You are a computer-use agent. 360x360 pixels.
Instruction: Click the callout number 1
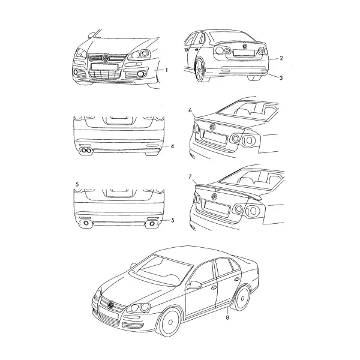point(166,70)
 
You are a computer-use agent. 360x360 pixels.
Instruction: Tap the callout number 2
point(281,58)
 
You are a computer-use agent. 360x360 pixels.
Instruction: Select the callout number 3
point(281,78)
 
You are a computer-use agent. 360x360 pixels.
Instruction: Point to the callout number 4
point(172,146)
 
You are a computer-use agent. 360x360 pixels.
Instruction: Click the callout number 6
point(190,110)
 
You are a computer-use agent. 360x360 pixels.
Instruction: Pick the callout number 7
point(190,177)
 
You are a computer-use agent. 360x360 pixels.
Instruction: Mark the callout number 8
point(227,318)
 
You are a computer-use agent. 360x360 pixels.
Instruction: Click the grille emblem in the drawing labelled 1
point(106,58)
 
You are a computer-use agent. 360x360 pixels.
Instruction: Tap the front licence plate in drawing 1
point(104,67)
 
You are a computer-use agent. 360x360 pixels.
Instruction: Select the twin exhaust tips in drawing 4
point(86,151)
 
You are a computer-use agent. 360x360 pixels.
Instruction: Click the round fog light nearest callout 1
point(140,74)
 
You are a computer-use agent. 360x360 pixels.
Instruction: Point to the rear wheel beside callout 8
point(242,299)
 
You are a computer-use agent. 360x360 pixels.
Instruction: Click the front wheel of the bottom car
point(170,322)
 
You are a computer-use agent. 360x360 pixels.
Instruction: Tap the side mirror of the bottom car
point(194,285)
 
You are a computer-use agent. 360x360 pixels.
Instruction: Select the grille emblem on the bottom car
point(111,305)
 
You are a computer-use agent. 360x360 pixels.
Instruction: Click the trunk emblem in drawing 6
point(213,127)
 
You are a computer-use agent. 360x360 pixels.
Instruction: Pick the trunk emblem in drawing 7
point(214,197)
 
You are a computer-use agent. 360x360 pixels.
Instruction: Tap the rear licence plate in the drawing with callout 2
point(244,53)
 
